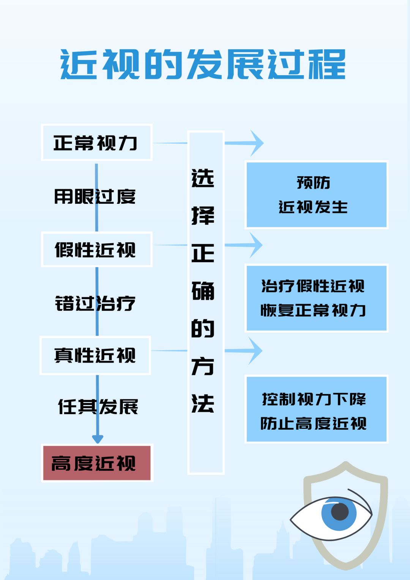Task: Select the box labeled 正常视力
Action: pyautogui.click(x=96, y=142)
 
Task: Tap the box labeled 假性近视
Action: pyautogui.click(x=96, y=249)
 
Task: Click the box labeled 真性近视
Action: pyautogui.click(x=95, y=355)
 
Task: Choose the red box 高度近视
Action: pyautogui.click(x=97, y=463)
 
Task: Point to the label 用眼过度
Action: pyautogui.click(x=95, y=197)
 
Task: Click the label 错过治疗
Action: pyautogui.click(x=95, y=304)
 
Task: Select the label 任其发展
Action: pyautogui.click(x=98, y=407)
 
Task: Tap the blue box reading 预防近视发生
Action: pyautogui.click(x=316, y=195)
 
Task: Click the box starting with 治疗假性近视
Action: pyautogui.click(x=316, y=298)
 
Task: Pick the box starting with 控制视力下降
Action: pyautogui.click(x=316, y=410)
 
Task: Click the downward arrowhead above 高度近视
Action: pyautogui.click(x=98, y=439)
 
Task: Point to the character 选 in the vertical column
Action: pyautogui.click(x=203, y=178)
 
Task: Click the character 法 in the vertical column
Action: pyautogui.click(x=203, y=403)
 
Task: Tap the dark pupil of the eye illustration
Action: pyautogui.click(x=340, y=512)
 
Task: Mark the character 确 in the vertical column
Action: pyautogui.click(x=203, y=291)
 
